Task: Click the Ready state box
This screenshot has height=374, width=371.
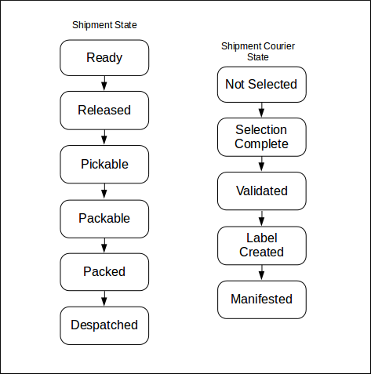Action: point(104,58)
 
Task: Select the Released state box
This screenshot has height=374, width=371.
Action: point(104,111)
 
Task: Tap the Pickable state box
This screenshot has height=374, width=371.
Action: point(104,164)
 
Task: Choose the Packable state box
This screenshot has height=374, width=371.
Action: point(104,218)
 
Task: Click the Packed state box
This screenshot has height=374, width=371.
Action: point(104,271)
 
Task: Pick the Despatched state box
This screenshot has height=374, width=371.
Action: point(104,325)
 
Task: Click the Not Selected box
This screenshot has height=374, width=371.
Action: point(261,84)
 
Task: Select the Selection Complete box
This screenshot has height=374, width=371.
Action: point(261,136)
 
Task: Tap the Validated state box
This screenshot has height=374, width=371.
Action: point(261,191)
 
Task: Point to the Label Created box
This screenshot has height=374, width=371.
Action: point(261,245)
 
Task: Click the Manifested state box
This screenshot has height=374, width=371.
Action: point(261,299)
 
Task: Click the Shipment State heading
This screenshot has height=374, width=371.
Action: point(104,26)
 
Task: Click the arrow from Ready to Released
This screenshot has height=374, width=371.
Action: point(104,84)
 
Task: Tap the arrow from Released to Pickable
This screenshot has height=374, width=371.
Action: point(104,137)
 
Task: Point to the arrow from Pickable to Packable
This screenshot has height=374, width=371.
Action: point(104,191)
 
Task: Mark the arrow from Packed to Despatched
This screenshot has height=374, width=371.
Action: point(104,298)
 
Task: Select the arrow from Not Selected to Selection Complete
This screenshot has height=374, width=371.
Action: point(261,110)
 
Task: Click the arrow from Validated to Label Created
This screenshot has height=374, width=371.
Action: point(261,217)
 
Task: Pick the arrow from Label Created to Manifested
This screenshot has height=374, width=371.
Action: point(261,271)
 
